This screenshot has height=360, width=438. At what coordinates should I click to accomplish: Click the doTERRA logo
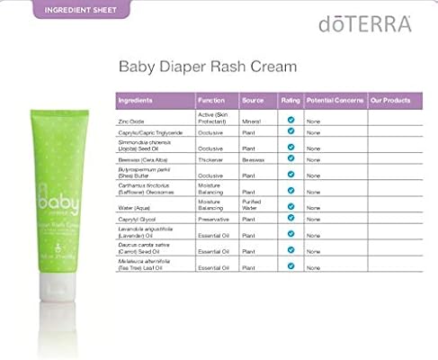(364, 23)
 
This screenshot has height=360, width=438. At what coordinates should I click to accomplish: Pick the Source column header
(253, 99)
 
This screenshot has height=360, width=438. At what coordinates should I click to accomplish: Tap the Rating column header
(289, 99)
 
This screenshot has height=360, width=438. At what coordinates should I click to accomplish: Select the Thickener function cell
(211, 158)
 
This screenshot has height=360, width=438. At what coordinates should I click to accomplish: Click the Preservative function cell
(214, 218)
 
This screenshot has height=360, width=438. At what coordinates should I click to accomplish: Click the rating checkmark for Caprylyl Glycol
(291, 217)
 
